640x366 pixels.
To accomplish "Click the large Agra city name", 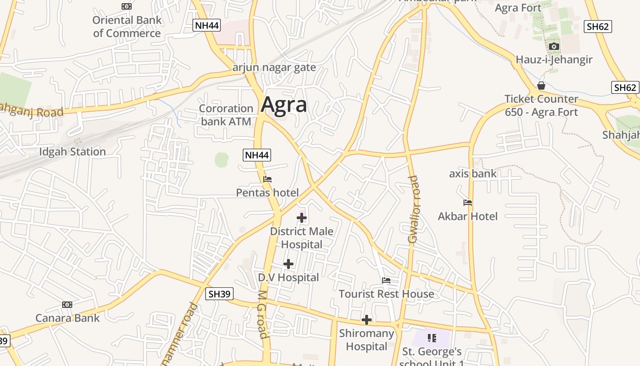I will tap(284, 105).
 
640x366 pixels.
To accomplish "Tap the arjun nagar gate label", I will tap(274, 68).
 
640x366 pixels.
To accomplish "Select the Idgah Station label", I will tap(72, 152).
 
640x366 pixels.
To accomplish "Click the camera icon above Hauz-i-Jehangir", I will tap(554, 46).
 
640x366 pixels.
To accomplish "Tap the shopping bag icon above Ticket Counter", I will tap(541, 86).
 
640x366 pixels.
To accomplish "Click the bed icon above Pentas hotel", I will tap(267, 179).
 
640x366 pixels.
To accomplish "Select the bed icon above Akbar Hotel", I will tap(467, 203).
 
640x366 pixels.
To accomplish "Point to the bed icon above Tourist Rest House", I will tap(386, 280).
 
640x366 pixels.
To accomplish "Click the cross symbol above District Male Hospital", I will tap(302, 218).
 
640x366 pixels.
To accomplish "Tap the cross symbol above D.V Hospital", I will tap(288, 264).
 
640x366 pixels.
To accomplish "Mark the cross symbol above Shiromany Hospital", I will tap(366, 320).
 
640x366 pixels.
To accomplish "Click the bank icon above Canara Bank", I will tap(67, 305).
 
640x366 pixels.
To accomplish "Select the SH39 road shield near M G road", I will tap(220, 294).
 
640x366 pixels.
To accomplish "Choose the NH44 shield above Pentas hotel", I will tap(256, 155).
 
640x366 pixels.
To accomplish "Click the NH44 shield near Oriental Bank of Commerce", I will tap(207, 25).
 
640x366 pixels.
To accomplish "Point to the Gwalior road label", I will tap(413, 209).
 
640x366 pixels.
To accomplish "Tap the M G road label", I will tap(262, 314).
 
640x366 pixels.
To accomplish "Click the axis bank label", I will tap(473, 173).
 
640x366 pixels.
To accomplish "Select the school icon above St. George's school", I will tap(432, 338).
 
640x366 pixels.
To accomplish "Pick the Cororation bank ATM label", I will tap(226, 115).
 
